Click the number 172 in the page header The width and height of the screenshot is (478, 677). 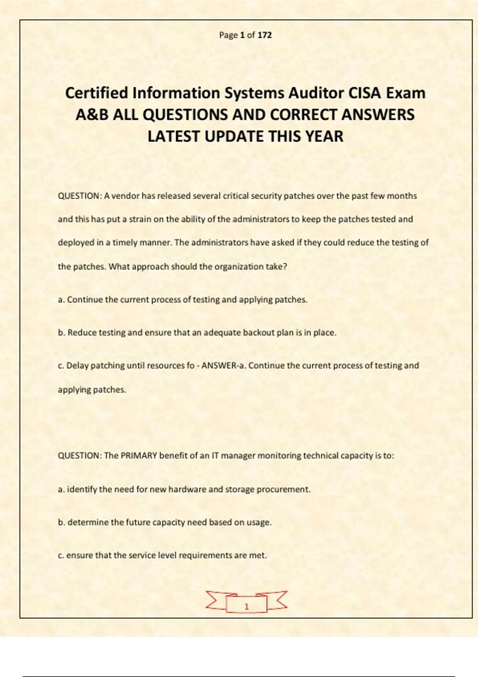(x=264, y=35)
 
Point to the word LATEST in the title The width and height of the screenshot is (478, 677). (x=174, y=137)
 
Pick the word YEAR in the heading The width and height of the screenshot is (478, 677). (x=324, y=137)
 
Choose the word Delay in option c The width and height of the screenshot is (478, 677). (x=78, y=366)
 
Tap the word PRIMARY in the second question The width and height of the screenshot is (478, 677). (x=139, y=456)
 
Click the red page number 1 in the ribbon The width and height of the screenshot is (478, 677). (x=247, y=607)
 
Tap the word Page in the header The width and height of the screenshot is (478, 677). (x=228, y=35)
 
